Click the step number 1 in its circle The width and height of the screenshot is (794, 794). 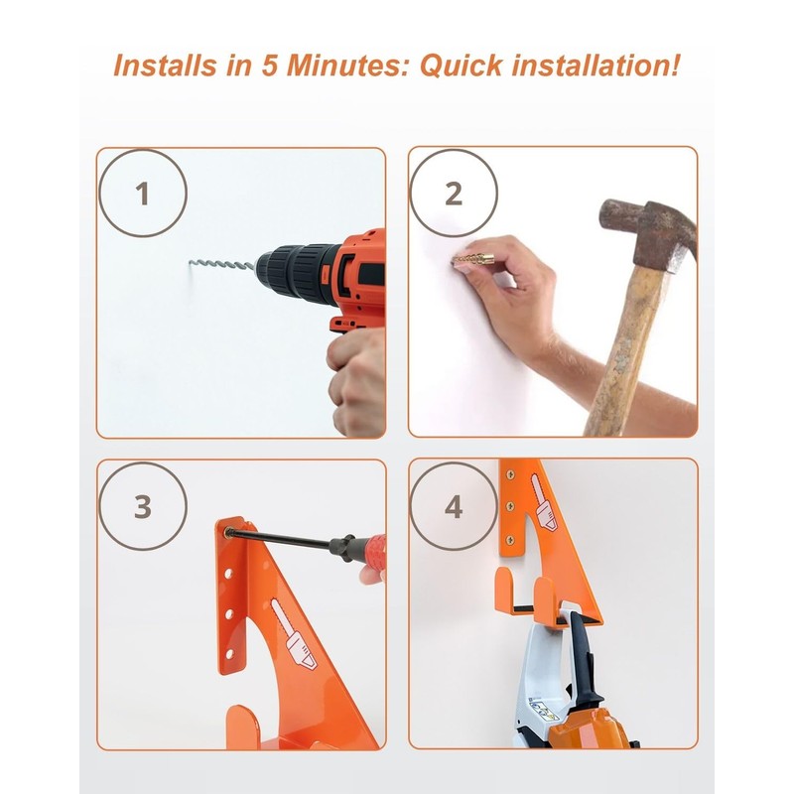coord(142,194)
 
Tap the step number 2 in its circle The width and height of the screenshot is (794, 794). coord(454,194)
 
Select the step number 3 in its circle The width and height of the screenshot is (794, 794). coord(143,506)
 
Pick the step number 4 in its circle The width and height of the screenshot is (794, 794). coord(454,507)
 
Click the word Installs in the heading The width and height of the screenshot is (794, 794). coord(166,66)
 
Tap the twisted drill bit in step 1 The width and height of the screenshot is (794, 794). coord(221,264)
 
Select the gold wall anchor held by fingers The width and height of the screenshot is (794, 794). coord(472,261)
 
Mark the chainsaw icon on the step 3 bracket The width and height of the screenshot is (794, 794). coord(293,634)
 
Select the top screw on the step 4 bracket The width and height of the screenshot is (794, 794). coord(510,475)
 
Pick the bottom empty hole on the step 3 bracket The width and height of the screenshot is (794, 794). coord(229,654)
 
